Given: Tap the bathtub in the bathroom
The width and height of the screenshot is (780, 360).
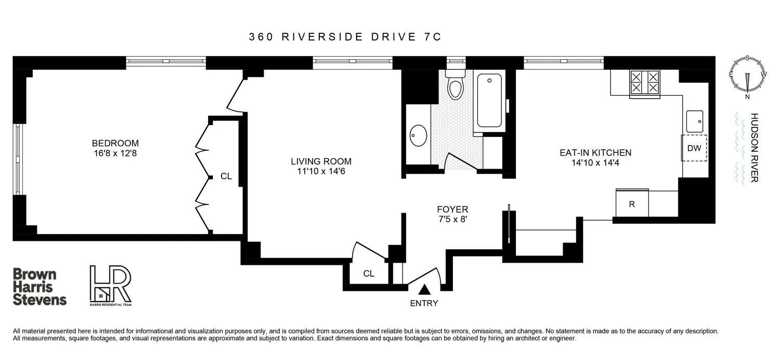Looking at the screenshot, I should pyautogui.click(x=489, y=101).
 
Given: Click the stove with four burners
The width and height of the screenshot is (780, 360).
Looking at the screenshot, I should pyautogui.click(x=644, y=83).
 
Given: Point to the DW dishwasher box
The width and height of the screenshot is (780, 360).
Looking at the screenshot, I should pyautogui.click(x=694, y=148).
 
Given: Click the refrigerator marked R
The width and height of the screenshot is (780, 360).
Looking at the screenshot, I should pyautogui.click(x=632, y=204).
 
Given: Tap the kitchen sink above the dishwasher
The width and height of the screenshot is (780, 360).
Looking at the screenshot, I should pyautogui.click(x=694, y=122).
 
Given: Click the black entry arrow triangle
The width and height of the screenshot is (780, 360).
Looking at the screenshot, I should pyautogui.click(x=425, y=289).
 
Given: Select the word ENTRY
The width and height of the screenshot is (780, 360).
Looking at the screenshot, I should pyautogui.click(x=424, y=304).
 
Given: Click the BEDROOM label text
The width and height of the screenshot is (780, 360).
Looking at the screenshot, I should pyautogui.click(x=115, y=143).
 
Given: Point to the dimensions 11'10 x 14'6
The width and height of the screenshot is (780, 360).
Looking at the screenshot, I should pyautogui.click(x=321, y=171).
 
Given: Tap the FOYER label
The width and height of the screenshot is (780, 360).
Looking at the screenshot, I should pyautogui.click(x=452, y=210).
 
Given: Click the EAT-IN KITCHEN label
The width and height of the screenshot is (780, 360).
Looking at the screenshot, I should pyautogui.click(x=595, y=153).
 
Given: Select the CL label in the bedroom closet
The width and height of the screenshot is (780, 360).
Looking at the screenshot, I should pyautogui.click(x=226, y=176).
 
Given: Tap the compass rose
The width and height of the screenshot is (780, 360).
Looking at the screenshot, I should pyautogui.click(x=747, y=76).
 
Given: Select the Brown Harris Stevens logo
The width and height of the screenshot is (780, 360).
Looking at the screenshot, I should pyautogui.click(x=39, y=287).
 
